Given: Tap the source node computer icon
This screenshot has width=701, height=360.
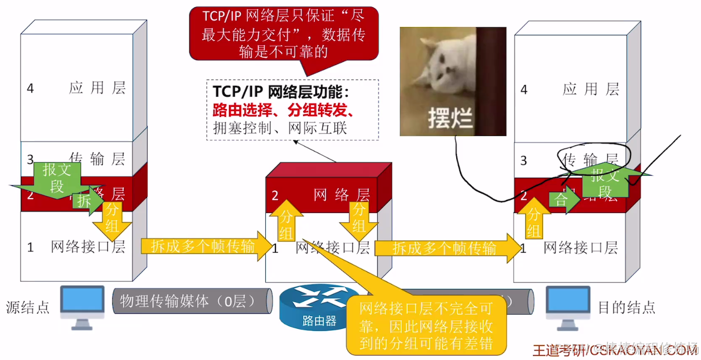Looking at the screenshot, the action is [82, 306].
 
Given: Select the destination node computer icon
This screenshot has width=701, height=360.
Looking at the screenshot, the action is [569, 306].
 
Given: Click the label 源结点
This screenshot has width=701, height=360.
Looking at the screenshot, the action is [28, 307].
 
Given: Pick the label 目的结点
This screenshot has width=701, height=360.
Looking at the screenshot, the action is [626, 307].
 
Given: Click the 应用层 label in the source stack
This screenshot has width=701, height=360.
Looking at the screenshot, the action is [97, 88].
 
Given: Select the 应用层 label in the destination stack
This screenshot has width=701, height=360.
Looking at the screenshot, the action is [591, 90].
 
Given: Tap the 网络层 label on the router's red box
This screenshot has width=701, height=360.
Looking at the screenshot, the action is [342, 195].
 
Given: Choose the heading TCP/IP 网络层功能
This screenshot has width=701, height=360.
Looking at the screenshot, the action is [281, 93].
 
